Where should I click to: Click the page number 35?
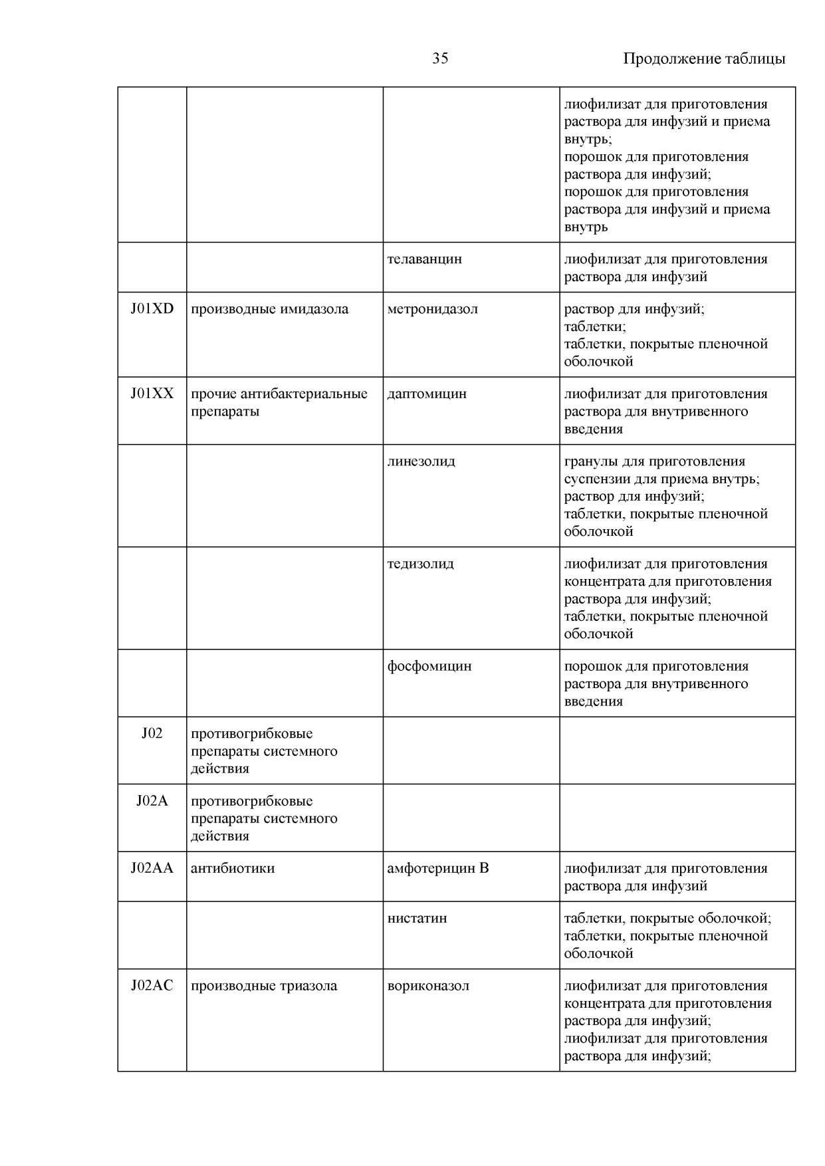440,58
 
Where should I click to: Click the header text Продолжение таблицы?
704,58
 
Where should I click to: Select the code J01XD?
152,309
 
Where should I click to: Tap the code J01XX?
152,394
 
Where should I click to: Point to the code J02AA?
152,868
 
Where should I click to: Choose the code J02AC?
152,986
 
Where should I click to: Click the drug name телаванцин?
424,259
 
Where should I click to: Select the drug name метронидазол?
432,309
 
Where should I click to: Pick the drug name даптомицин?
427,394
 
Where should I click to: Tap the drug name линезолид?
421,461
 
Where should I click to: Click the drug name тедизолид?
420,564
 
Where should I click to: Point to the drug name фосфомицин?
429,666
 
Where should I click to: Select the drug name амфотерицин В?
437,868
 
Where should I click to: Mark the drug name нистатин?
417,918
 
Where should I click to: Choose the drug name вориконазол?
428,986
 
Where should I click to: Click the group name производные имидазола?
269,309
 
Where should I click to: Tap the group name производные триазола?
264,986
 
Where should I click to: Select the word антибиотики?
233,868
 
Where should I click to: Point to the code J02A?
152,801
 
